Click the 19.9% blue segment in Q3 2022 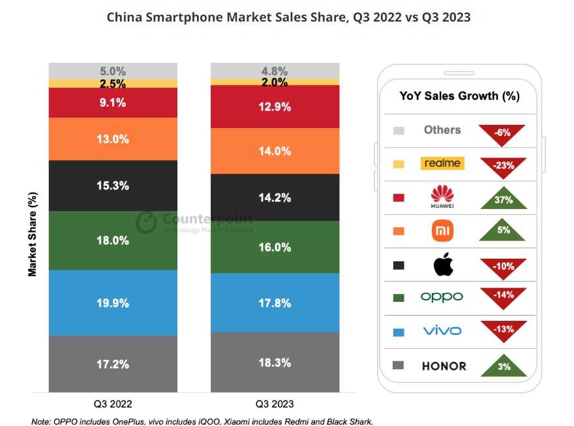click(x=113, y=303)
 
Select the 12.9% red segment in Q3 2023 click(x=274, y=106)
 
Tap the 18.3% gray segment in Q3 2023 click(x=274, y=362)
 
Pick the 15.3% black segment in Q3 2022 click(x=113, y=186)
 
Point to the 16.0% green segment click(x=274, y=247)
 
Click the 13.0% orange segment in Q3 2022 click(x=113, y=139)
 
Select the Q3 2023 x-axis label click(x=274, y=404)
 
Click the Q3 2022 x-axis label click(x=113, y=404)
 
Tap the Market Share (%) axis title click(x=33, y=234)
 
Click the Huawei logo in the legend click(x=442, y=197)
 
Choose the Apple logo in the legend click(x=442, y=265)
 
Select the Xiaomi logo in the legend click(x=442, y=231)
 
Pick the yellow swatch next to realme click(x=399, y=164)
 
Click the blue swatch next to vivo click(x=399, y=332)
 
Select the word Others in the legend click(x=442, y=129)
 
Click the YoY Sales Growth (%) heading click(x=459, y=96)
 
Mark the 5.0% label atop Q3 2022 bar click(x=113, y=71)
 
